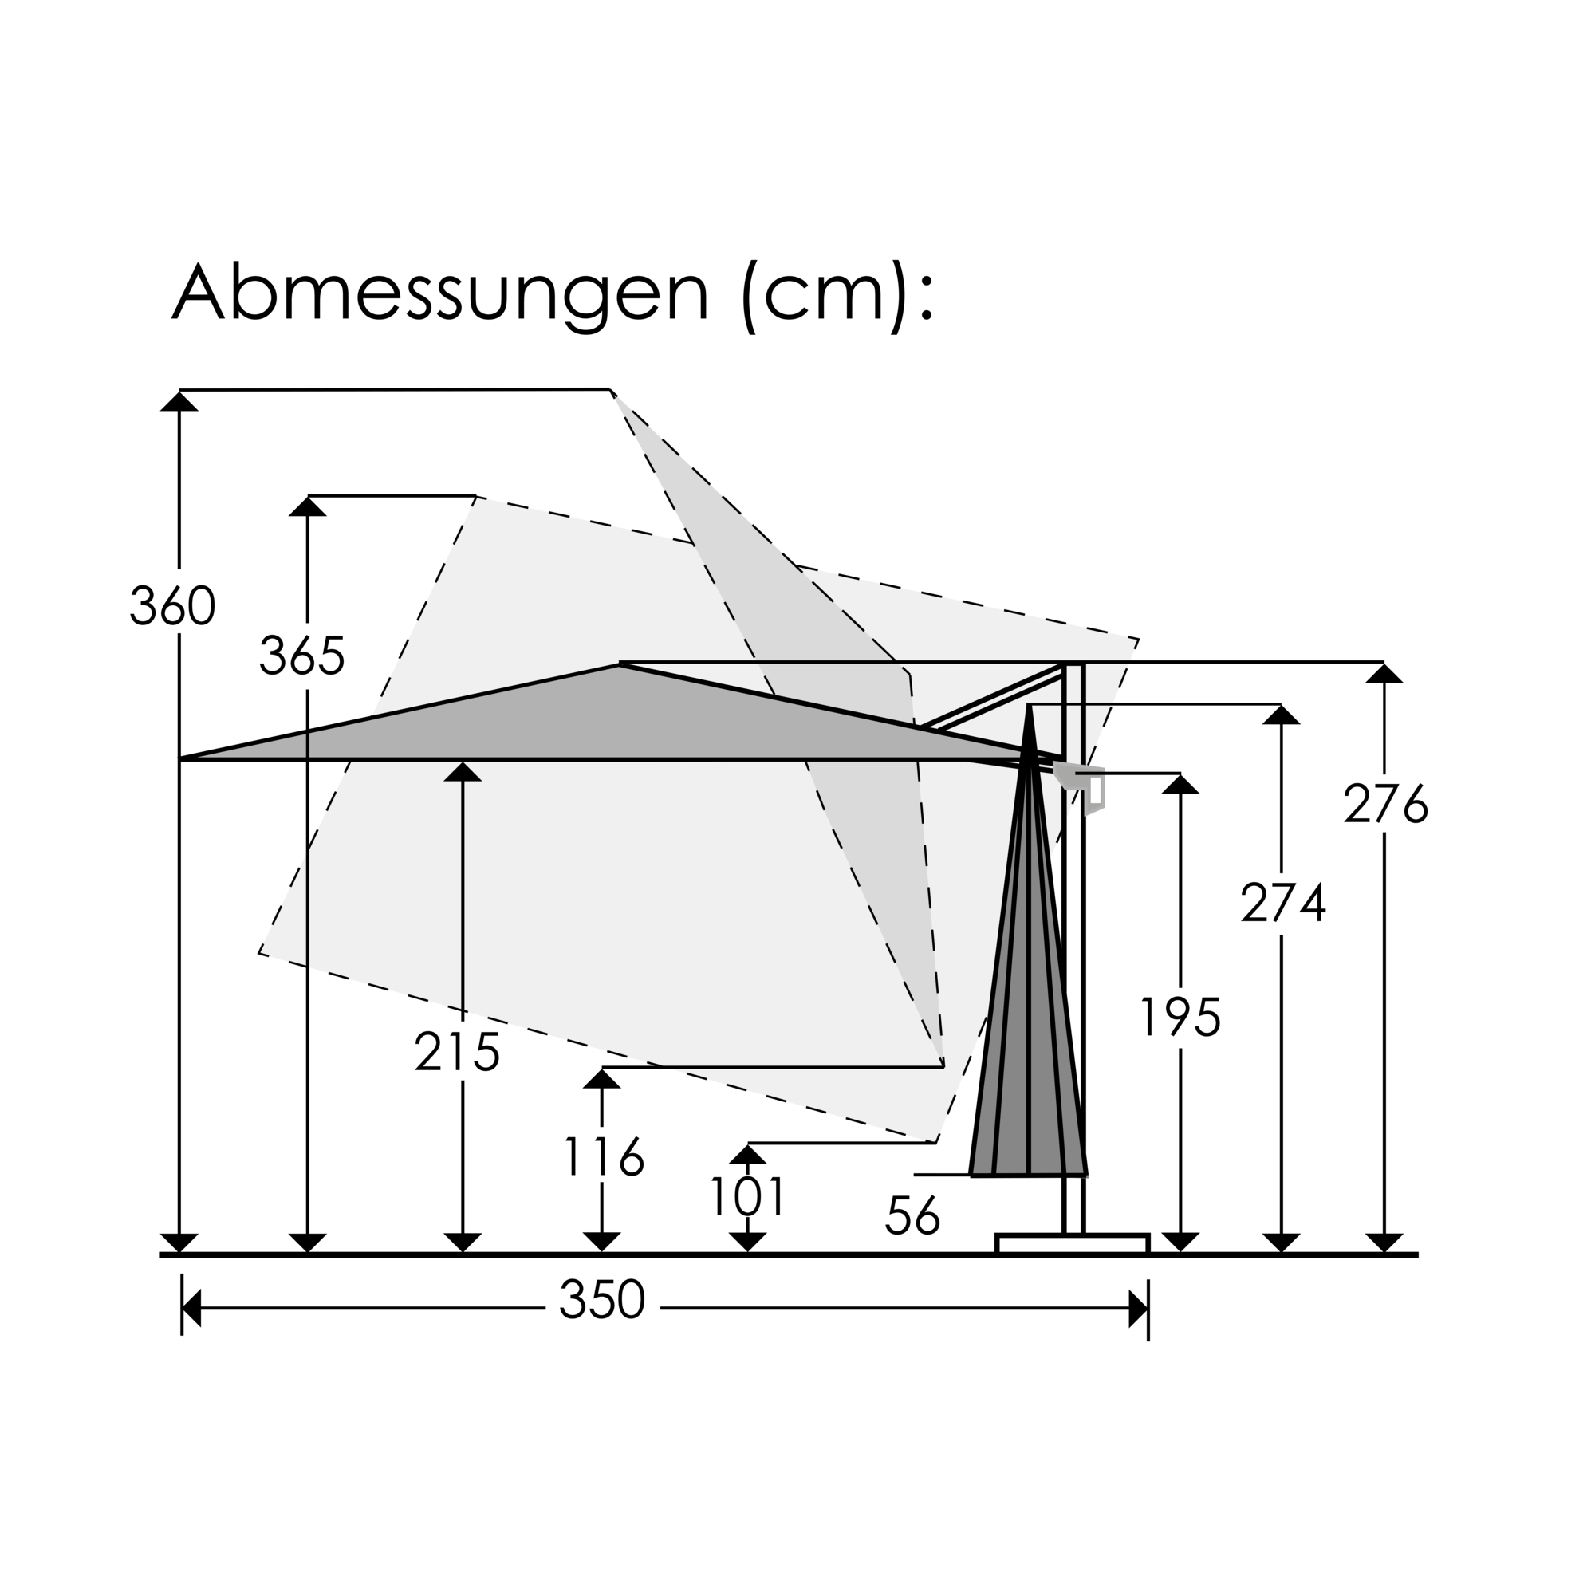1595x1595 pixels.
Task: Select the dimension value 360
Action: click(172, 606)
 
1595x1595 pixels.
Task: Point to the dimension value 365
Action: click(302, 656)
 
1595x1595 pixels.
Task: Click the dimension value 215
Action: click(457, 1053)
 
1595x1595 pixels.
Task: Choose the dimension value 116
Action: click(604, 1156)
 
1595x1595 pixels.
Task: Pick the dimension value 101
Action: click(747, 1197)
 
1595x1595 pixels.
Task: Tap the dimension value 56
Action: click(913, 1215)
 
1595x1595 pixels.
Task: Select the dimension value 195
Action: click(1180, 1017)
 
